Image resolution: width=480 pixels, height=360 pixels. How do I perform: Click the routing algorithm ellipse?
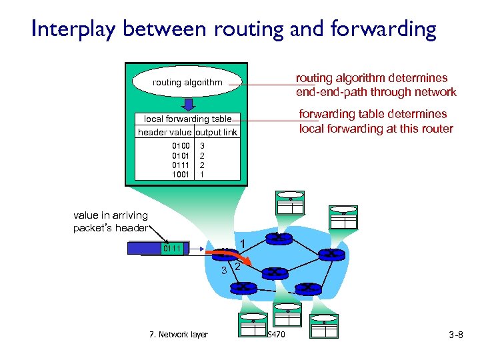click(x=187, y=83)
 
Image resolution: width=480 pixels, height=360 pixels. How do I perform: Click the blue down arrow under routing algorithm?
click(x=188, y=105)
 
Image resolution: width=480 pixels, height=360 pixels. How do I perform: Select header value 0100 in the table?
click(x=181, y=145)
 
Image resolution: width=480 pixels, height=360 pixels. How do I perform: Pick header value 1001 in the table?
click(x=181, y=174)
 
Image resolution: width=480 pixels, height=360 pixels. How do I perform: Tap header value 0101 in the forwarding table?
click(x=181, y=155)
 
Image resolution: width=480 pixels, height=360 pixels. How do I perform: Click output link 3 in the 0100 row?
click(x=203, y=145)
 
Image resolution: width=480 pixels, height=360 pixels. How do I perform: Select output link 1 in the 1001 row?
click(x=203, y=174)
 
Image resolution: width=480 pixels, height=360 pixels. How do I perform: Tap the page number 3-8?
click(x=455, y=335)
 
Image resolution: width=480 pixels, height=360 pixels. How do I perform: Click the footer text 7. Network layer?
click(x=179, y=335)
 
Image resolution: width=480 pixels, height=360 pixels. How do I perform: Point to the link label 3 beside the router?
click(x=225, y=270)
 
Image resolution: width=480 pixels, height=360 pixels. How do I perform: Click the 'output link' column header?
click(x=215, y=132)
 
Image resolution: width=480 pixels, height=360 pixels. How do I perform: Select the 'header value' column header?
click(x=165, y=132)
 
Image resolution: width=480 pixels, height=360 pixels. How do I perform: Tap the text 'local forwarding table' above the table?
click(x=187, y=119)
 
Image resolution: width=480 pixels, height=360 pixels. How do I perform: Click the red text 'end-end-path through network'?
click(x=376, y=92)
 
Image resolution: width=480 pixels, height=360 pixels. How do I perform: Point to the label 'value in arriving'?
click(x=111, y=215)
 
